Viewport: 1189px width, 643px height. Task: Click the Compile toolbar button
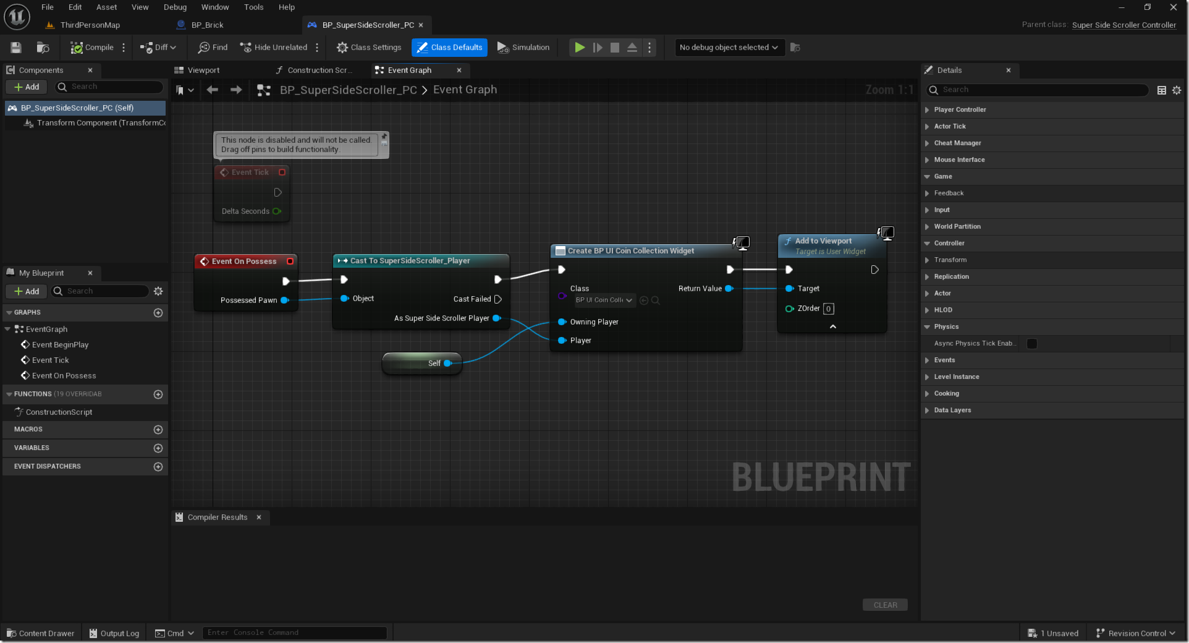tap(92, 48)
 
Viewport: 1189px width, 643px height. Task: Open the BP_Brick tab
tap(206, 25)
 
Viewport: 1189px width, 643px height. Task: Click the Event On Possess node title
tap(244, 262)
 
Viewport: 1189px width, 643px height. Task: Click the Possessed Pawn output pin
tap(285, 300)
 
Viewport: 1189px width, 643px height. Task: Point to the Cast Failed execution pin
tap(498, 299)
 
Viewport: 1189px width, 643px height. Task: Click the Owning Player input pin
tap(562, 322)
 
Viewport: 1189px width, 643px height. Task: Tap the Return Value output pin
tap(729, 289)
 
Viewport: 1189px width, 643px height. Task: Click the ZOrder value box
tap(828, 309)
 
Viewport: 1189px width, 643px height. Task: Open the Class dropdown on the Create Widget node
tap(604, 300)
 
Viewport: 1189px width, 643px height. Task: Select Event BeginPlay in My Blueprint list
tap(60, 345)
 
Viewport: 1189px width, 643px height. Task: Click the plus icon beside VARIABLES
tap(158, 448)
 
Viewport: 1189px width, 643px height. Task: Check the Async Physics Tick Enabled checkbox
tap(1032, 344)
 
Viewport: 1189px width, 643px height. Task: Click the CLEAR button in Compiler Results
tap(885, 605)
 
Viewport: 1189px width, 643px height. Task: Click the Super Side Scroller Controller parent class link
tap(1123, 25)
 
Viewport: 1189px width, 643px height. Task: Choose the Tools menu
tap(253, 7)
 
